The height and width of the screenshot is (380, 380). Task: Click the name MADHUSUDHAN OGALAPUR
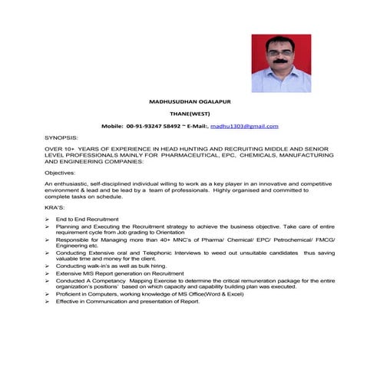coord(189,101)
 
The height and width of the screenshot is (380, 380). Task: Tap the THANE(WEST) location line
coord(189,113)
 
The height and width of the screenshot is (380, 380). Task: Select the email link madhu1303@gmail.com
coord(244,125)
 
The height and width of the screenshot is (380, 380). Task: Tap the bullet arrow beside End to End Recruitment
coord(48,220)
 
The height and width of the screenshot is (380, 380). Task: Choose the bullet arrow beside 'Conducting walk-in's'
coord(48,265)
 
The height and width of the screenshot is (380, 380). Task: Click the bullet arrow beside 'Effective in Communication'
coord(48,301)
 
